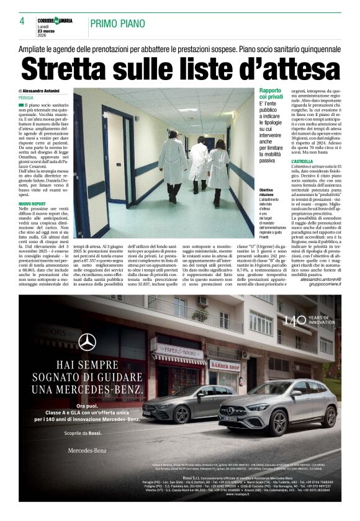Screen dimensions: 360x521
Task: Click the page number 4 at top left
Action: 21,21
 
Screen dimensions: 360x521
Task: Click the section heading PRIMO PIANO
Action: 115,24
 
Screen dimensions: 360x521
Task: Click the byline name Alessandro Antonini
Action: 48,91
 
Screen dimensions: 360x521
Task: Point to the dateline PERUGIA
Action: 27,98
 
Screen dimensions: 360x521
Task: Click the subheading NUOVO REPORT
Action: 32,203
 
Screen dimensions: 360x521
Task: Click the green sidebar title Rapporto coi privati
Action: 272,94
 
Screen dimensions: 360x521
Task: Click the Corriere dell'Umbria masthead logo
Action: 55,20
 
